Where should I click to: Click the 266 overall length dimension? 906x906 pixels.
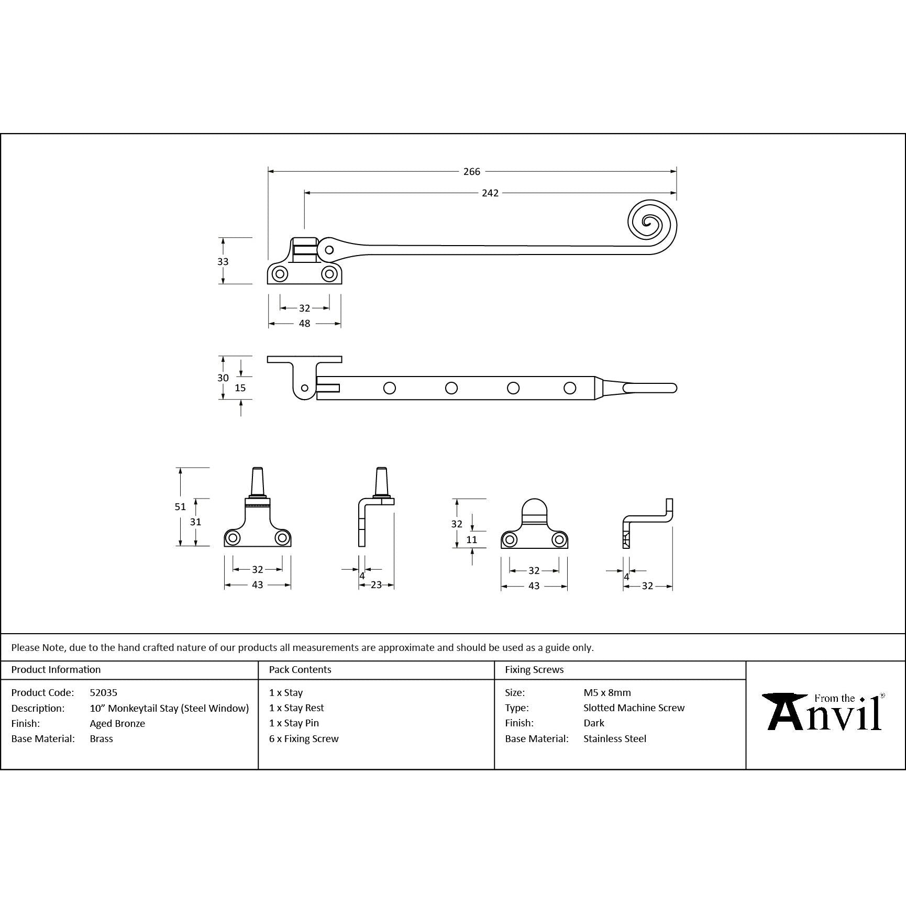coord(471,171)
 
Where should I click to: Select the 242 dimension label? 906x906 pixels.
coord(490,193)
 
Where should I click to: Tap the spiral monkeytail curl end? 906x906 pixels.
coord(651,225)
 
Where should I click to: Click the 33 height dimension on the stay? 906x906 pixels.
coord(223,261)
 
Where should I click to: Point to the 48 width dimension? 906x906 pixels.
coord(304,324)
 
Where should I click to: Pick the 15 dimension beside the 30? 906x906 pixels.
coord(240,388)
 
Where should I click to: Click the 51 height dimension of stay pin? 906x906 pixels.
coord(180,506)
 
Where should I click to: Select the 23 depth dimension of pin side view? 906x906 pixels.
coord(376,585)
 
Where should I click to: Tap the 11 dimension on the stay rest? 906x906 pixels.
coord(471,539)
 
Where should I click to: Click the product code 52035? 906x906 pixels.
coord(103,692)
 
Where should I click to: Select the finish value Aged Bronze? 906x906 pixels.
coord(117,723)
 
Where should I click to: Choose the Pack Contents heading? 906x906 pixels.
coord(300,669)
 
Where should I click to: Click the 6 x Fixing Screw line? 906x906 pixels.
coord(304,738)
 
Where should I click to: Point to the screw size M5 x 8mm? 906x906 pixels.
coord(607,692)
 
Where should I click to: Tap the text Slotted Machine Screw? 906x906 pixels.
coord(634,708)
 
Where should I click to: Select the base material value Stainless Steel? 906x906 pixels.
coord(614,738)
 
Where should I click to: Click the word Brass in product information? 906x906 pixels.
coord(101,738)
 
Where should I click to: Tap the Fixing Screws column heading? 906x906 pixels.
coord(534,669)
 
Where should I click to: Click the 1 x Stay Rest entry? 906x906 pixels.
coord(296,708)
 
